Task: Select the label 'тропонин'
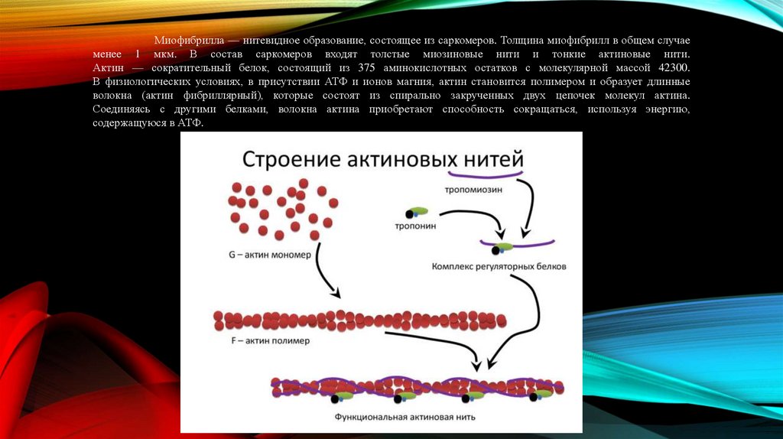click(x=415, y=226)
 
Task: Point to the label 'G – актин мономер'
click(x=269, y=255)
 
